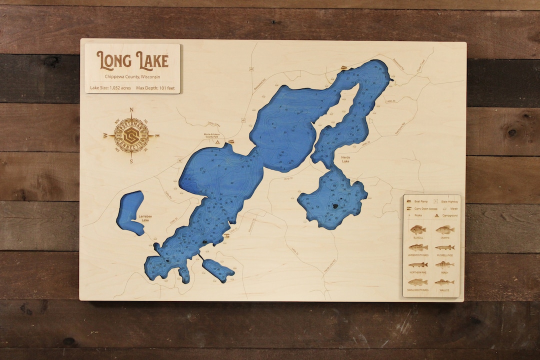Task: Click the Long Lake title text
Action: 132,60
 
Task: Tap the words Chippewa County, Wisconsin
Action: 132,76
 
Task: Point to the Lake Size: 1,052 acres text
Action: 110,88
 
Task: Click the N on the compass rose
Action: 131,110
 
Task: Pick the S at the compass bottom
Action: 131,161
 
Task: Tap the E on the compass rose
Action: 157,135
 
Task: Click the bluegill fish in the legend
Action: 417,230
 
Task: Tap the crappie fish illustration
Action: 444,230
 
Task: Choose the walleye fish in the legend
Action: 444,283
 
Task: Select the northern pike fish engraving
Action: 417,265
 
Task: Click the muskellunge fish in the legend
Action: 444,247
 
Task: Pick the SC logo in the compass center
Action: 131,135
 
